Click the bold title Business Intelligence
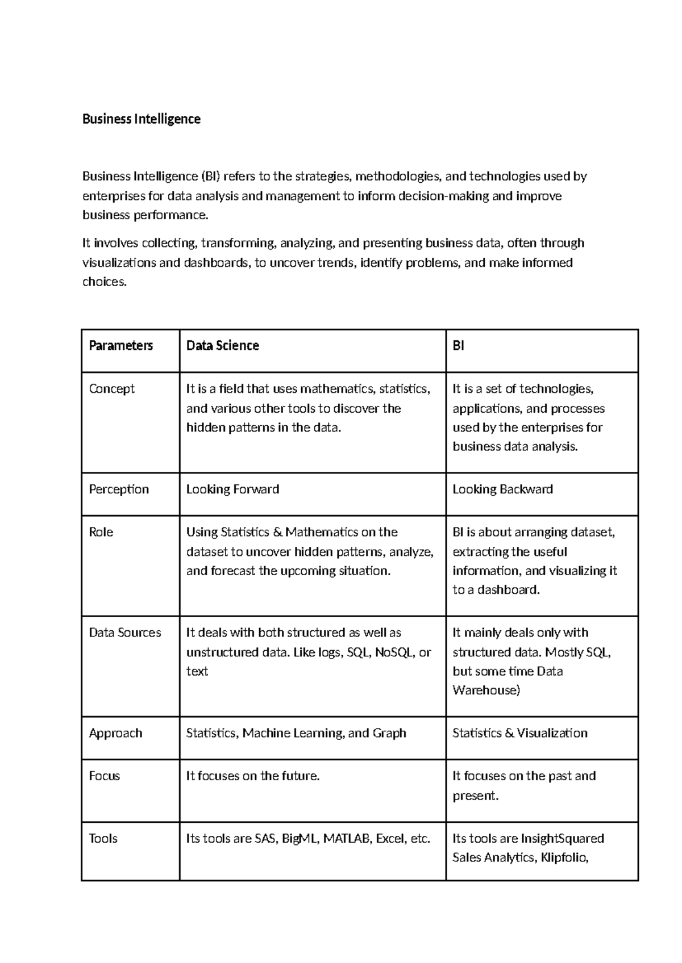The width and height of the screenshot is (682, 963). [141, 119]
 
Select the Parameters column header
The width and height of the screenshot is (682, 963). [120, 345]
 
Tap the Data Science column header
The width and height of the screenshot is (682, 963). [222, 345]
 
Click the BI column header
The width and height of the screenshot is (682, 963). [458, 345]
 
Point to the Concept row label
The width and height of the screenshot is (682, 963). [111, 389]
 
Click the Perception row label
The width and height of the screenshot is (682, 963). [118, 489]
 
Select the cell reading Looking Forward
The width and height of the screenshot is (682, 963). [232, 489]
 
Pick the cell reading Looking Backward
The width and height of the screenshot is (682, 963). [502, 489]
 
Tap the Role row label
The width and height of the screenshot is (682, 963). [101, 532]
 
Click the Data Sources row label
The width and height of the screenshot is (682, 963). [124, 633]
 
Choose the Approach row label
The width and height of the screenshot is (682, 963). [115, 733]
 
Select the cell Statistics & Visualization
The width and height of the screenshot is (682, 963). [519, 733]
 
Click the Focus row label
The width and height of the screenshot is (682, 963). [104, 776]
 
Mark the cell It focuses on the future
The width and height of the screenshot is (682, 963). [253, 776]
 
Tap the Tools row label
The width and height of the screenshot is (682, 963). [103, 839]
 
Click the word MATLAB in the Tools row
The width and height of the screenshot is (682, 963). [346, 839]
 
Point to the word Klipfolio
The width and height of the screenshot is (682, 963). [564, 857]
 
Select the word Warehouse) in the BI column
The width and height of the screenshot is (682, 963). [486, 690]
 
